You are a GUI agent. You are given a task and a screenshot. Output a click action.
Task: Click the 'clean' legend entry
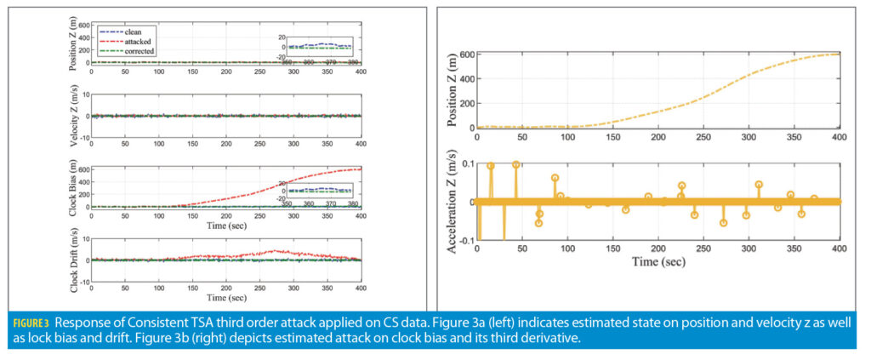click(132, 31)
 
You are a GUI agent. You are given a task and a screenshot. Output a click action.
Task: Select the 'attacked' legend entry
click(136, 41)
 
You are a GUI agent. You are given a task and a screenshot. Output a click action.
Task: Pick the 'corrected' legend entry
click(138, 50)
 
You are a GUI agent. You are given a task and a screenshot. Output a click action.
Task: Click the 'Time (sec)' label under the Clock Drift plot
click(225, 299)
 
